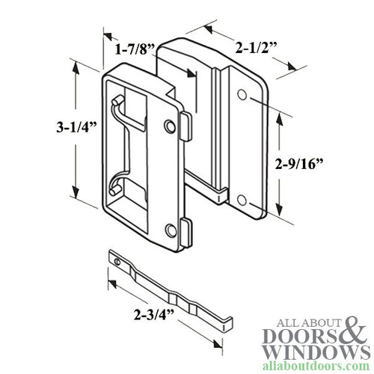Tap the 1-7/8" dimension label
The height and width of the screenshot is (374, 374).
(135, 50)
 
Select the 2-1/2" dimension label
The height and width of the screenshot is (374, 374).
(245, 49)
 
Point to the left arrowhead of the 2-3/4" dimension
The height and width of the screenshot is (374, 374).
(111, 283)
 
